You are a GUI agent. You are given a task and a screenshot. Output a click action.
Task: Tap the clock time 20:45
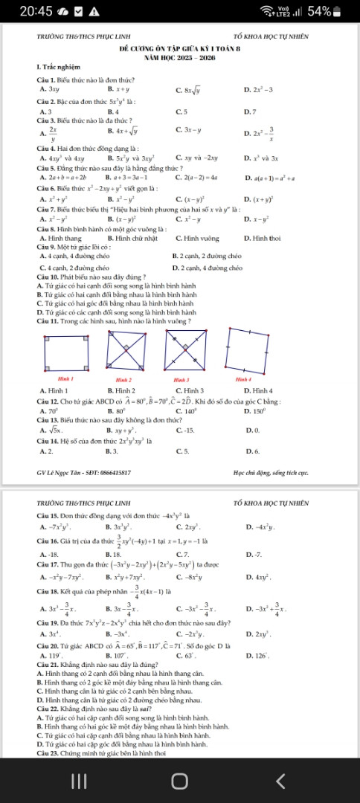pyautogui.click(x=36, y=12)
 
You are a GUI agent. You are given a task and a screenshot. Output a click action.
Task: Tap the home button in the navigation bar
pyautogui.click(x=179, y=780)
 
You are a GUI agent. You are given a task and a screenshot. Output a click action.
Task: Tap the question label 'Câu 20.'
pyautogui.click(x=48, y=684)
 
